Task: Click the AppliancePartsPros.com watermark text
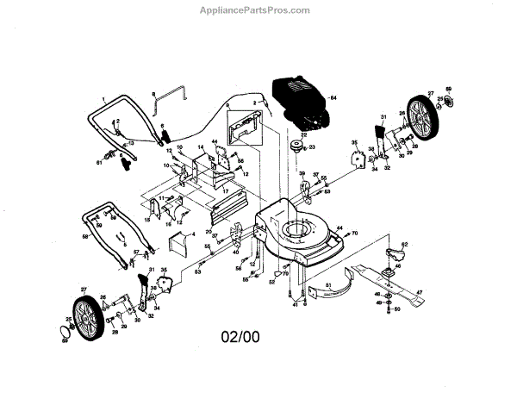click(x=258, y=9)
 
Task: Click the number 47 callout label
click(x=420, y=293)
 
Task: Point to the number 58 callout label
click(x=84, y=235)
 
